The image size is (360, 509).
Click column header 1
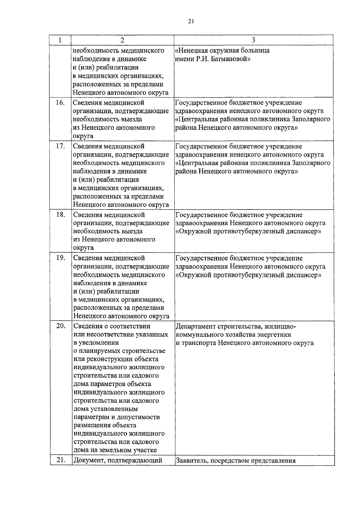(60, 40)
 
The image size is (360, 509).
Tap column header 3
(253, 40)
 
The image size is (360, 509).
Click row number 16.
(60, 103)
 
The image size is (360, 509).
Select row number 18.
(60, 215)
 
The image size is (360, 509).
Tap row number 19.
(60, 258)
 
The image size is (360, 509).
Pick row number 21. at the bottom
(61, 460)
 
